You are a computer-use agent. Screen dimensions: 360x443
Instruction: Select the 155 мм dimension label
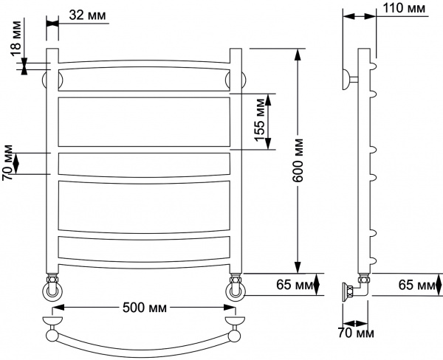(x=259, y=122)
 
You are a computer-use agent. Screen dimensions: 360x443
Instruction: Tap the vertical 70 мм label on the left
(x=9, y=162)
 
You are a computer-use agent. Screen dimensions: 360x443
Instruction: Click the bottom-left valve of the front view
(x=52, y=288)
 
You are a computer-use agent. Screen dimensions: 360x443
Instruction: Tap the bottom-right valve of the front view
(x=236, y=288)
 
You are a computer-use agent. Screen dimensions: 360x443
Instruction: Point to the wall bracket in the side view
(x=348, y=77)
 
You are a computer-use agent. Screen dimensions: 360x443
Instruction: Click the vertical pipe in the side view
(x=363, y=162)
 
